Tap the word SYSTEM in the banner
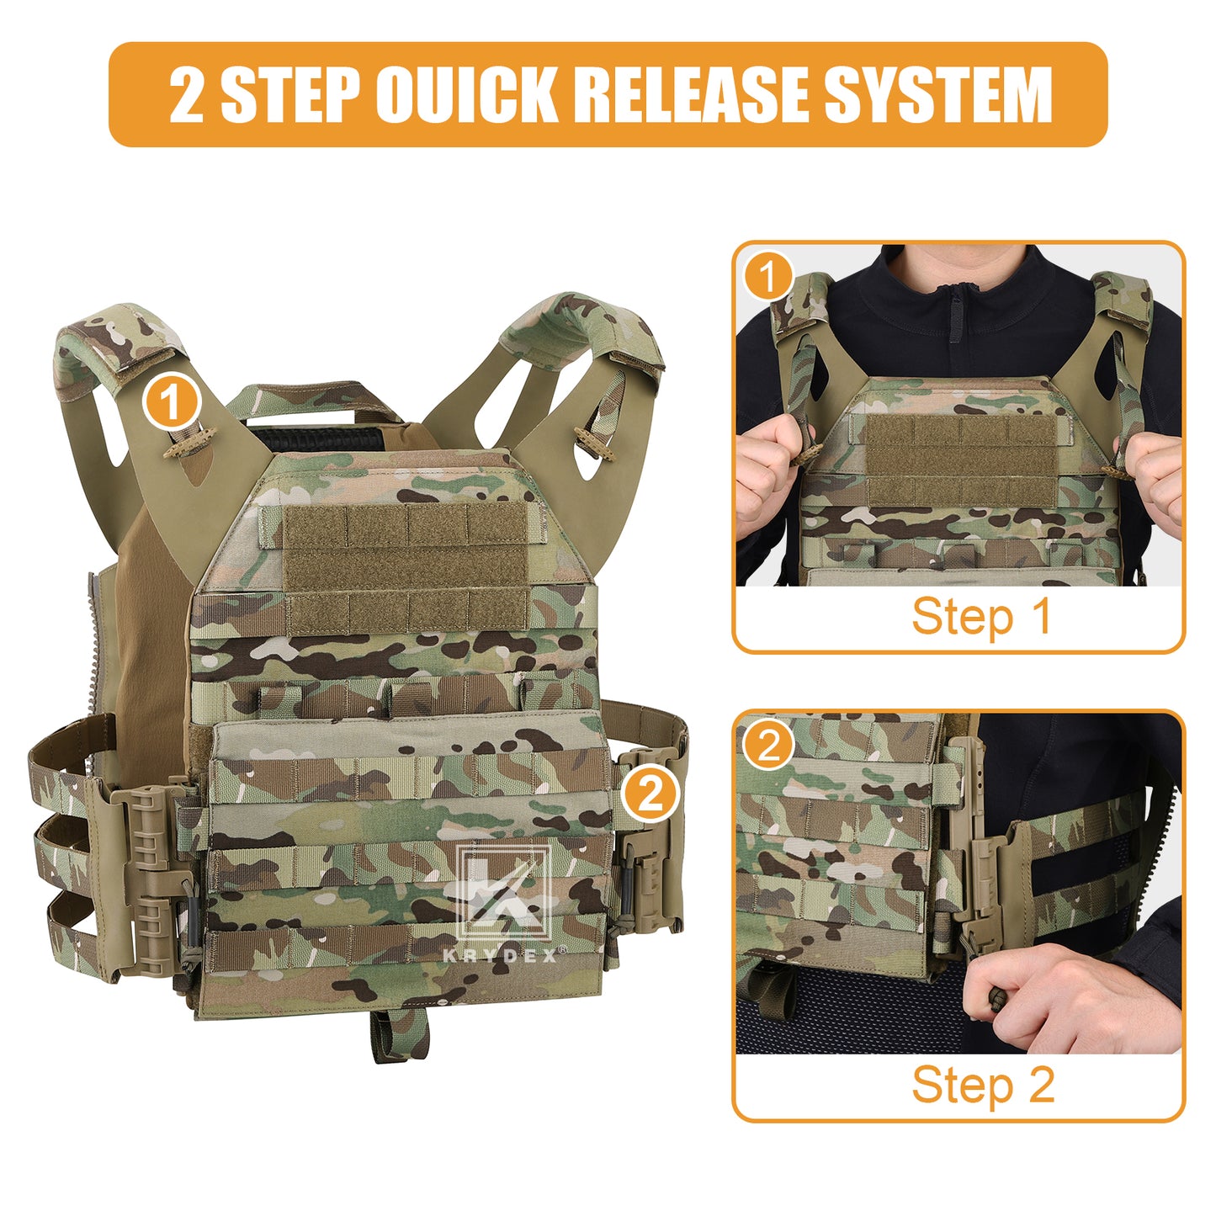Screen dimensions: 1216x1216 click(x=937, y=94)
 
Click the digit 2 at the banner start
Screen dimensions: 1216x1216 click(x=186, y=95)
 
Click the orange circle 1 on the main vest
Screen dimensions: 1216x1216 click(x=171, y=402)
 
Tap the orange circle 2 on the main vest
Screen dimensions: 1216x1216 click(x=650, y=794)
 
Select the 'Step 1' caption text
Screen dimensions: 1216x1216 click(x=981, y=617)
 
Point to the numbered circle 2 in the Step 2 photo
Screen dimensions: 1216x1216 click(x=768, y=745)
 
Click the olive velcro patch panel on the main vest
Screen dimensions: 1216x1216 click(x=406, y=569)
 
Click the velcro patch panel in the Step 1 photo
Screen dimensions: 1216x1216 click(x=960, y=459)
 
